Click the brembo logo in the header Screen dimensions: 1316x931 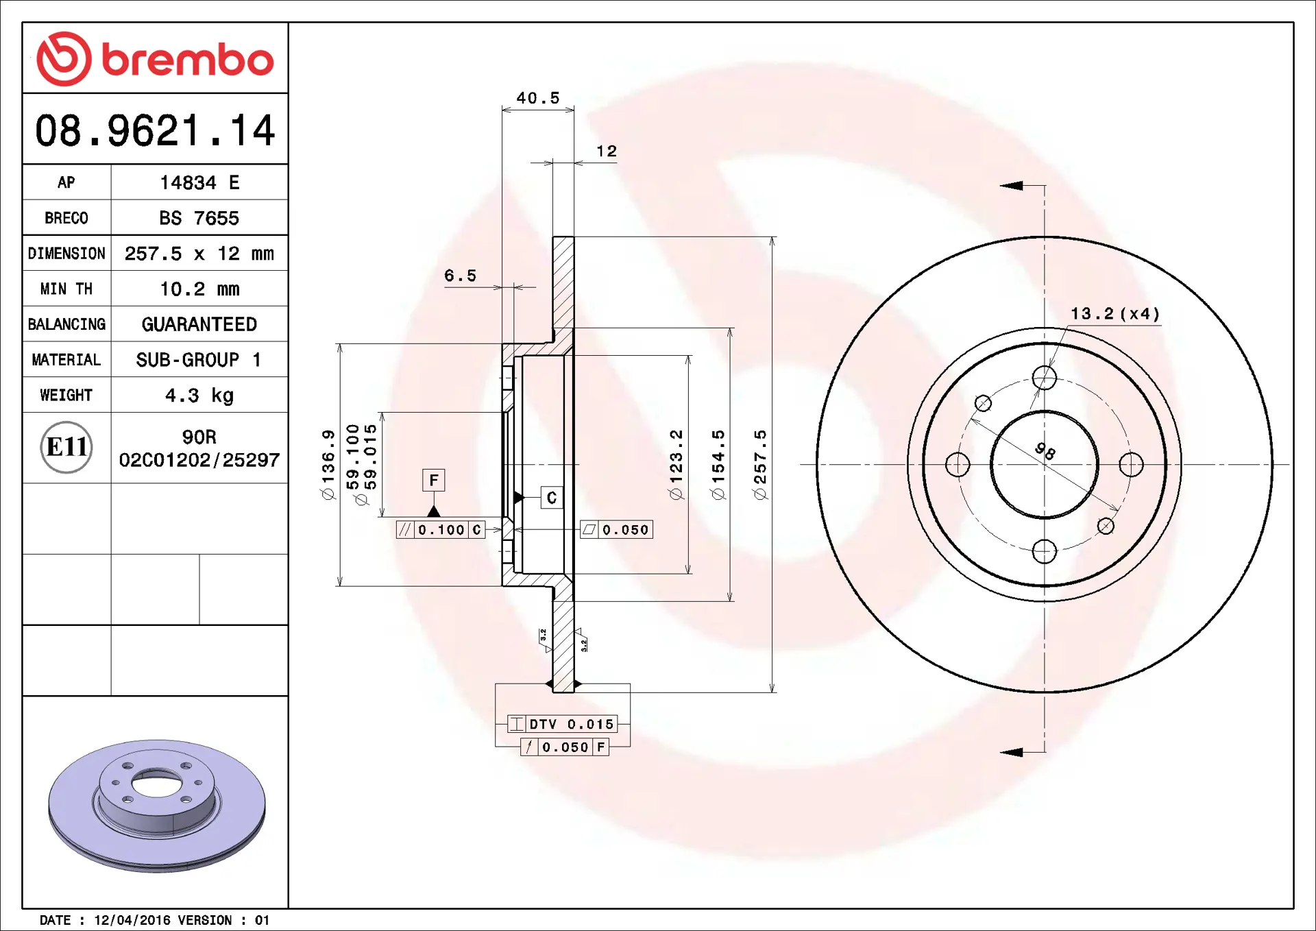click(x=155, y=59)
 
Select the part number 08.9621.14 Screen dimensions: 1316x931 click(x=155, y=130)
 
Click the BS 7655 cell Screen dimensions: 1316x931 click(x=199, y=218)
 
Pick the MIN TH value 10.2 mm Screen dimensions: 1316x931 click(x=199, y=289)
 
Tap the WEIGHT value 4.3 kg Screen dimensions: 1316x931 click(x=199, y=396)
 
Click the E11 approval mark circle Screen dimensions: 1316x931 click(x=66, y=448)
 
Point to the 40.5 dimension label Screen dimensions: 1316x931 click(x=538, y=98)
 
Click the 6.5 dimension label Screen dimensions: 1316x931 click(x=460, y=276)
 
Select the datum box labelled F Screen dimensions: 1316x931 click(x=433, y=481)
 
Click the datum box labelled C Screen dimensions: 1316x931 click(x=552, y=498)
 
